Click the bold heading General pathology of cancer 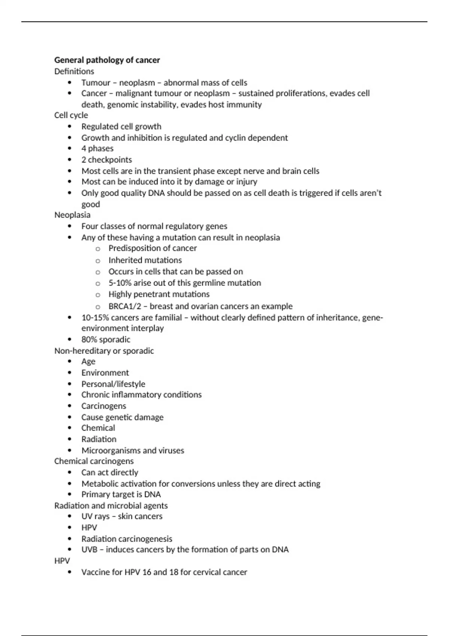click(x=107, y=60)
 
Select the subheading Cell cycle click(x=71, y=115)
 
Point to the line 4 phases click(x=97, y=149)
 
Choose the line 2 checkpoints click(x=107, y=160)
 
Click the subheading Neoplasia click(x=72, y=215)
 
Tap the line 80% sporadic click(x=106, y=340)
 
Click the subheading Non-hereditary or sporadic click(x=104, y=351)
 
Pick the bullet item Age click(x=88, y=362)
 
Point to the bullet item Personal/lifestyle click(x=113, y=384)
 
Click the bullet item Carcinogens click(x=104, y=406)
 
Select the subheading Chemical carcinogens click(x=94, y=461)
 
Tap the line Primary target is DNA click(x=121, y=495)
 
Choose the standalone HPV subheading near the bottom click(x=62, y=561)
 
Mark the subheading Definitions click(x=74, y=71)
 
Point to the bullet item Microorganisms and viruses click(x=133, y=450)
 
